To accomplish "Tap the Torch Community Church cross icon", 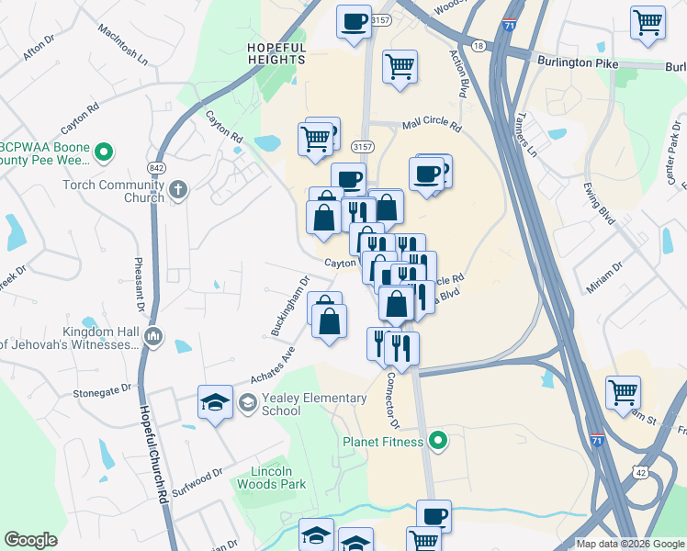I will coord(178,191).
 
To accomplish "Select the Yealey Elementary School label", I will coord(281,404).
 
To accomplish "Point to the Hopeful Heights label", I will coord(276,53).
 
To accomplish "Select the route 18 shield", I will coord(478,46).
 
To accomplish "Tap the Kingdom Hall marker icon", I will coord(154,339).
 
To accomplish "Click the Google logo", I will coord(30,540).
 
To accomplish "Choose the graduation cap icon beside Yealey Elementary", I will coord(215,403).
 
